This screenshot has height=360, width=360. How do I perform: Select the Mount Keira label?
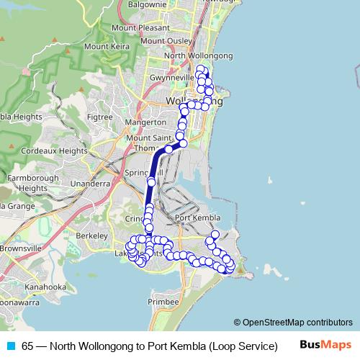coord(107,46)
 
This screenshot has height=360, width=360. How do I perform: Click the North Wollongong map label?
coord(199,55)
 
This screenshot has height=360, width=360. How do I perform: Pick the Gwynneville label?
coord(169,77)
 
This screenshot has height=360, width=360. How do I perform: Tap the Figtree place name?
coord(99,117)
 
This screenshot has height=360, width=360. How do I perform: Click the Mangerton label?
coord(145,122)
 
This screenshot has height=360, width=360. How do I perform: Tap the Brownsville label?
coord(20,248)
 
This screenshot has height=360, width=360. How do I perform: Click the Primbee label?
coord(163,302)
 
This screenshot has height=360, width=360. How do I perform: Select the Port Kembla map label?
coord(197,218)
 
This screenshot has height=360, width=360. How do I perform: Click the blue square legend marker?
coord(10,346)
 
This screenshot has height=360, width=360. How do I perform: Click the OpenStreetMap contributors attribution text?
coord(297,322)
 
